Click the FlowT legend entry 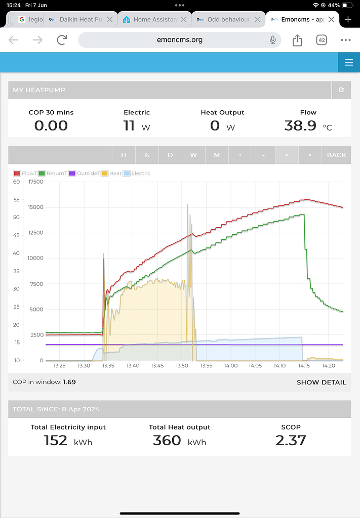[25, 174]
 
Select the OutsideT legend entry [84, 174]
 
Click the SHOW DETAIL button [321, 382]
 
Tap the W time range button [193, 155]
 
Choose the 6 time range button [147, 155]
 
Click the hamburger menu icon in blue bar [348, 62]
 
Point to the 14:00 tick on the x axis [231, 365]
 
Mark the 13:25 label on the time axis [59, 365]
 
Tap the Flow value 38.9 [300, 125]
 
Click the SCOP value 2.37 [291, 440]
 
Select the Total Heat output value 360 [167, 440]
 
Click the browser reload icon [62, 40]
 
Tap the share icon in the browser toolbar [298, 40]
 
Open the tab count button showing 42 [322, 40]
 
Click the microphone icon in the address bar [273, 40]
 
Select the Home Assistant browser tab [154, 20]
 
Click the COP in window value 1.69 [69, 382]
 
